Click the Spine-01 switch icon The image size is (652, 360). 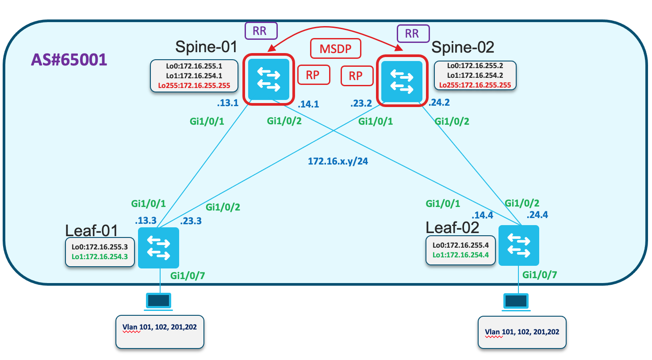tap(268, 79)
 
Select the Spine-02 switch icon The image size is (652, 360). tap(402, 81)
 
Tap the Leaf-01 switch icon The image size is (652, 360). tap(158, 248)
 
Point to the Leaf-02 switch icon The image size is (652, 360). tap(519, 245)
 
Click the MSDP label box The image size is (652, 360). tap(336, 49)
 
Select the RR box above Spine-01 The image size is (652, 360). tap(261, 31)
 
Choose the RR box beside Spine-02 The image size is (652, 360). tap(413, 34)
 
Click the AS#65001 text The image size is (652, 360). tap(69, 60)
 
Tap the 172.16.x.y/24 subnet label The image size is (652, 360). tap(338, 161)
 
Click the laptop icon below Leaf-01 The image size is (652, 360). tap(159, 302)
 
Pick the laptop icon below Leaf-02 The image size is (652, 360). tap(516, 302)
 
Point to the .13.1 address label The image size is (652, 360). tap(228, 103)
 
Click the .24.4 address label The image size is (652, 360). tap(537, 215)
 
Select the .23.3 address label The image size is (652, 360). tap(191, 221)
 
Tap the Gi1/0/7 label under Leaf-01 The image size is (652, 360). tap(188, 276)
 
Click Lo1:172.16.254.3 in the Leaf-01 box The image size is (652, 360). tap(100, 257)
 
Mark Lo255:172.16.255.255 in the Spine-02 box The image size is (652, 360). tap(475, 85)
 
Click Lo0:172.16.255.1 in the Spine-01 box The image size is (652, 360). tap(194, 66)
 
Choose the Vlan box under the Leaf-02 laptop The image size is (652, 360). tap(522, 332)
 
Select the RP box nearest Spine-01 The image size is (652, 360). tap(314, 75)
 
